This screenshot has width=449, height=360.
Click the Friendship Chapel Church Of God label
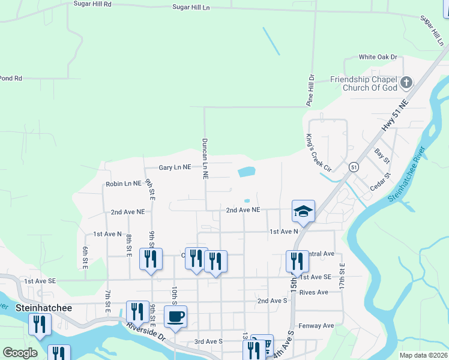coord(364,83)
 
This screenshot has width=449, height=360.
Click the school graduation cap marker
coord(303,211)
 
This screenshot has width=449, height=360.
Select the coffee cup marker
coord(175,316)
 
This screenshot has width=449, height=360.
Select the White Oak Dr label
coord(378,57)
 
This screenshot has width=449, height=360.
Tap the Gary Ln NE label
coord(175,168)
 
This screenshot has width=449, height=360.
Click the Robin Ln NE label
coord(123,184)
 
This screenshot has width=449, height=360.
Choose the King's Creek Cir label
coord(319,153)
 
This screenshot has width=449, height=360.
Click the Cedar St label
coord(380,182)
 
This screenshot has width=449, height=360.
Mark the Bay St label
coord(382,157)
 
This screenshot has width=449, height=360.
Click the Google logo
coord(20,353)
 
